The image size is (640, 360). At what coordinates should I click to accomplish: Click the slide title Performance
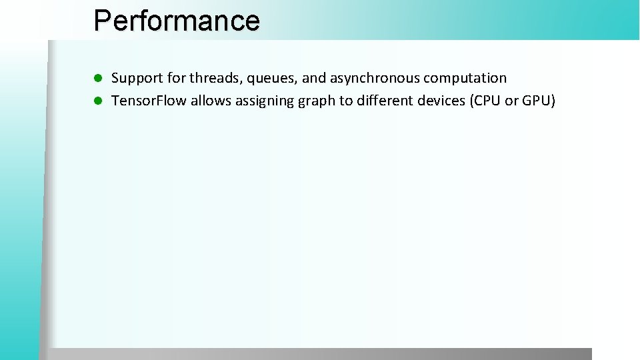(x=177, y=20)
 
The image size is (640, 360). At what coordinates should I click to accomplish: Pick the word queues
(x=272, y=79)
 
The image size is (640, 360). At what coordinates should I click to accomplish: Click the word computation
(x=465, y=79)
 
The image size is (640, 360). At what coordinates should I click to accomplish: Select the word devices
(x=441, y=101)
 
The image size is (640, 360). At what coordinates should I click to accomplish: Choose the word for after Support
(x=177, y=78)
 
